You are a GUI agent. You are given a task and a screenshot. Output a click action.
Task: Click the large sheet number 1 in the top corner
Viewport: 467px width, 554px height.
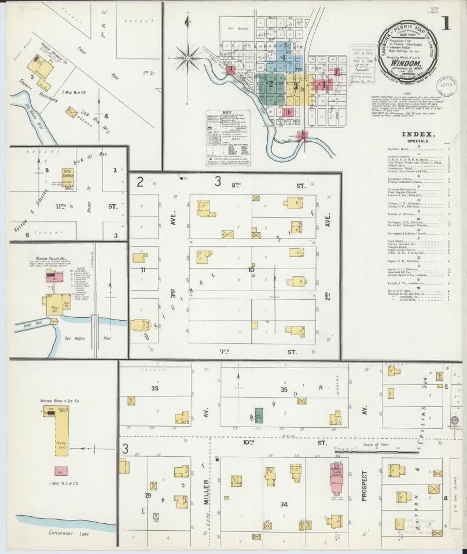[446, 24]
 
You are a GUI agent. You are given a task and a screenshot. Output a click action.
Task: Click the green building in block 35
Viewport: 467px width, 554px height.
[259, 415]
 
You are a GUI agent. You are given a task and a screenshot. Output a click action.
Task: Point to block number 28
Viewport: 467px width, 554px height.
[155, 388]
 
